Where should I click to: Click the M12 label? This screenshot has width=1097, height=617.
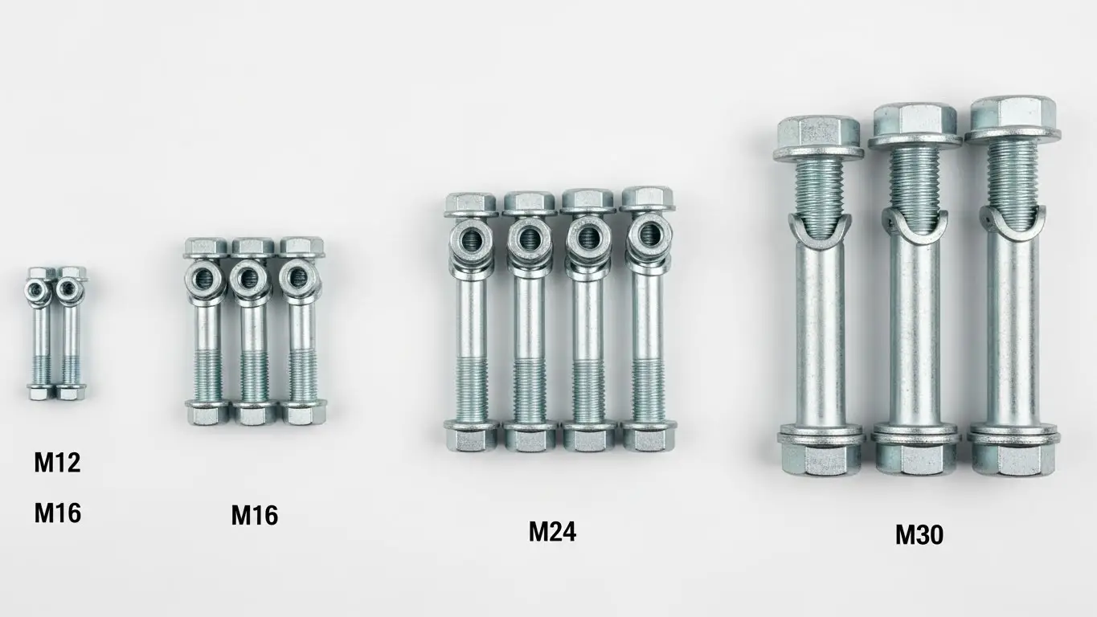[57, 463]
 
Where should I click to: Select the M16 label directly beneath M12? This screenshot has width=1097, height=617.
[57, 513]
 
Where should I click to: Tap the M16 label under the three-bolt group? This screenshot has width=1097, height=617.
[255, 515]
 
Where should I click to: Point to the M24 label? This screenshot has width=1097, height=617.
[552, 532]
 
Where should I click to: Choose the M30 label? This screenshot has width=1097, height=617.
[919, 535]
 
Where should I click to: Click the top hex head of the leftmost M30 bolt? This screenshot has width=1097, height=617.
[818, 138]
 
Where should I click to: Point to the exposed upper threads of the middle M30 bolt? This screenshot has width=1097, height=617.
[915, 182]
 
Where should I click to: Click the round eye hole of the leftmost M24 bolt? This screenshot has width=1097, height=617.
[472, 239]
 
